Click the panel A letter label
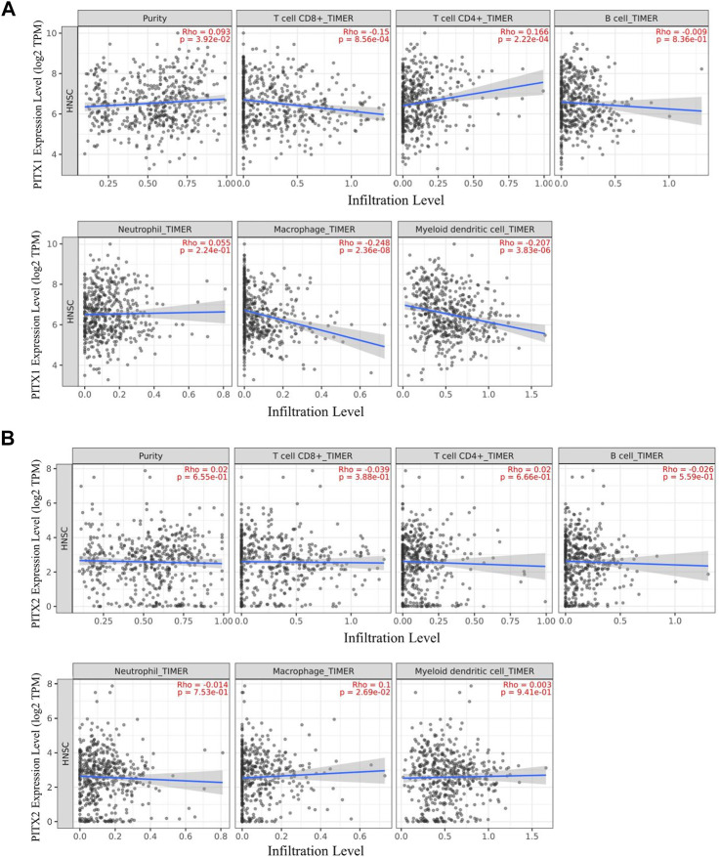click(11, 11)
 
